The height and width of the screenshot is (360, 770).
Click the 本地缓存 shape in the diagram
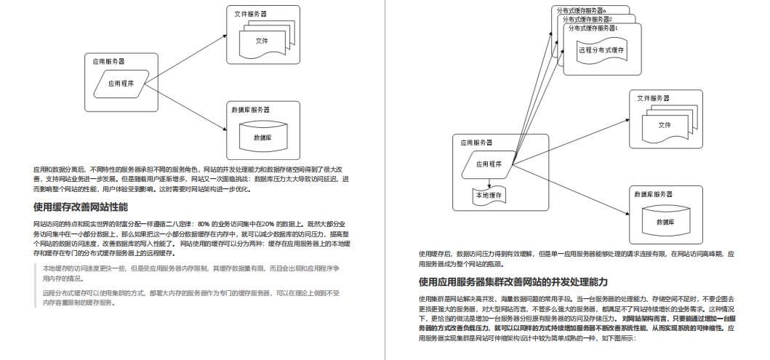(489, 195)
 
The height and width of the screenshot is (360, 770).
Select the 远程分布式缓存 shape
(601, 50)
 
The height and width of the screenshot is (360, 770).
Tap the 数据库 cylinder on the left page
(262, 137)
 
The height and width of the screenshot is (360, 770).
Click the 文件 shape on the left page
(261, 40)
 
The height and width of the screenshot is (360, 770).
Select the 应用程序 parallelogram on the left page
(121, 84)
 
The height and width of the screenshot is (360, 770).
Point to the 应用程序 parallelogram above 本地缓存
(489, 164)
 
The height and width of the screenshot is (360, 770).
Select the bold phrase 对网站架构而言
(646, 319)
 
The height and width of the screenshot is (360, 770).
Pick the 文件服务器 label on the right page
(653, 98)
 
